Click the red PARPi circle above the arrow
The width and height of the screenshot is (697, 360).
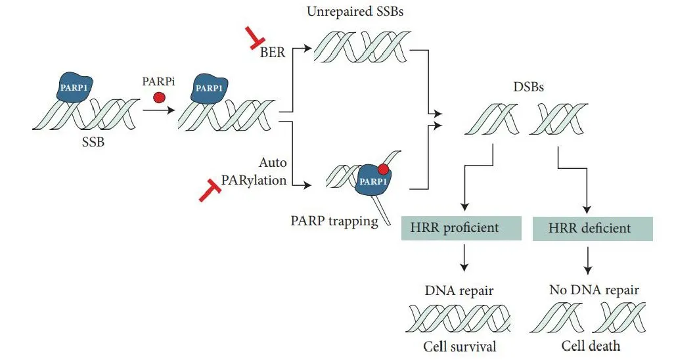coord(158,97)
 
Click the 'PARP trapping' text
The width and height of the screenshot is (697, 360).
coord(334,221)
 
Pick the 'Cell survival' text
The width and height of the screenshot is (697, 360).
coord(459,346)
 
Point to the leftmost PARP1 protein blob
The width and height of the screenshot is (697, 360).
coord(72,87)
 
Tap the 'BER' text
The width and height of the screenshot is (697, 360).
coord(273,51)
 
